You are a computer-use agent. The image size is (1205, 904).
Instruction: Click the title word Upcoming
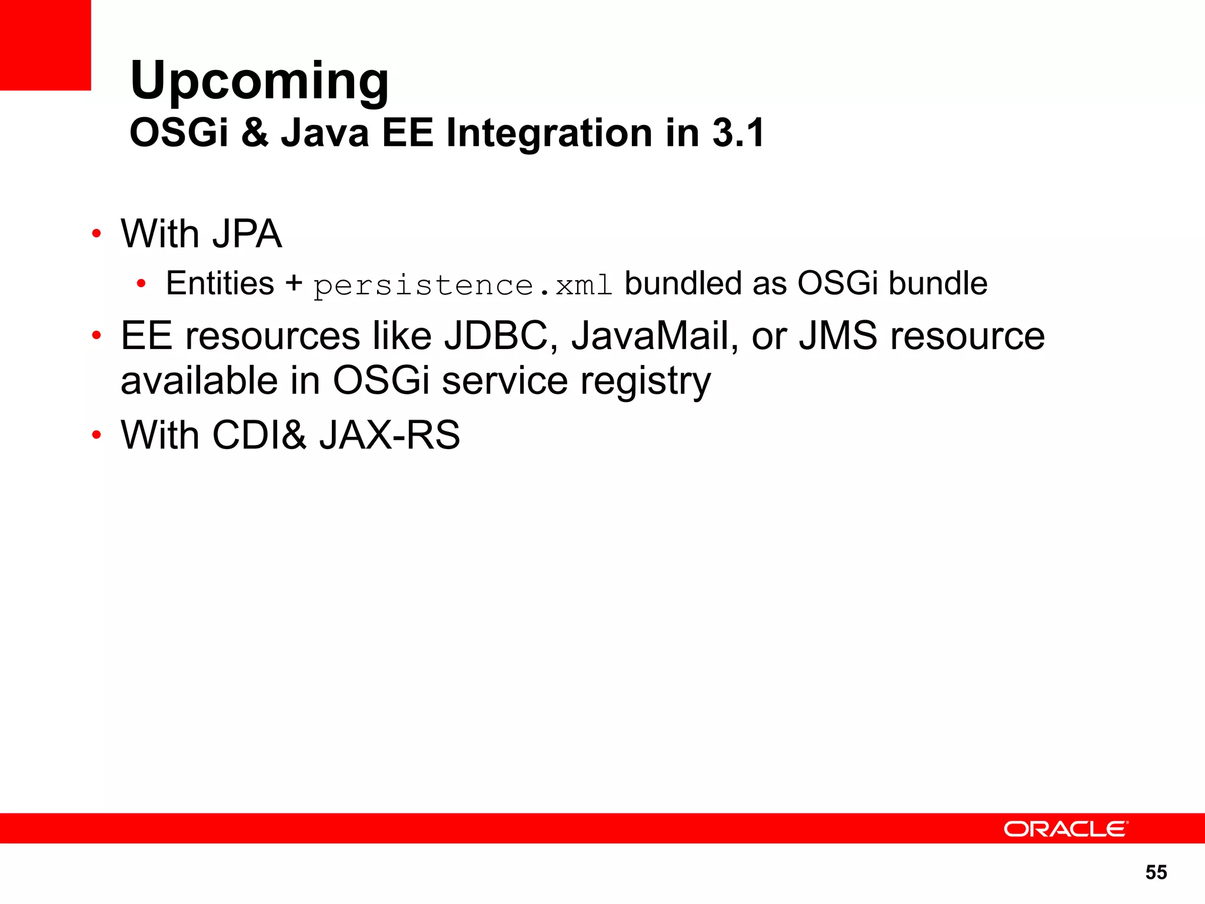[259, 81]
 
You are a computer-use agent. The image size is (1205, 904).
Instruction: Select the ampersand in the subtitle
[254, 132]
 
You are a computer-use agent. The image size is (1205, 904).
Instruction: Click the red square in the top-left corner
[45, 45]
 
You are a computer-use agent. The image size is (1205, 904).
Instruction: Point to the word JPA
[247, 234]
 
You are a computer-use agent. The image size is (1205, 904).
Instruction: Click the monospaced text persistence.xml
[462, 285]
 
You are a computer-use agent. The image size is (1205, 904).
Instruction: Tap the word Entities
[220, 283]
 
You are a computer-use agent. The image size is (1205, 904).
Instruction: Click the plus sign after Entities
[294, 283]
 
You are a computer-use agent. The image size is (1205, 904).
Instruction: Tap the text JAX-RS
[390, 436]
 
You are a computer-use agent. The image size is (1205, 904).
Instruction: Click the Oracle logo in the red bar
[1066, 829]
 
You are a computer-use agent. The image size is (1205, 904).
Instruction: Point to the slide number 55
[1156, 872]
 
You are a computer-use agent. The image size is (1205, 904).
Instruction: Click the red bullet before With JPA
[96, 234]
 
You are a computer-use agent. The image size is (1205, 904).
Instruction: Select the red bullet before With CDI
[96, 436]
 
